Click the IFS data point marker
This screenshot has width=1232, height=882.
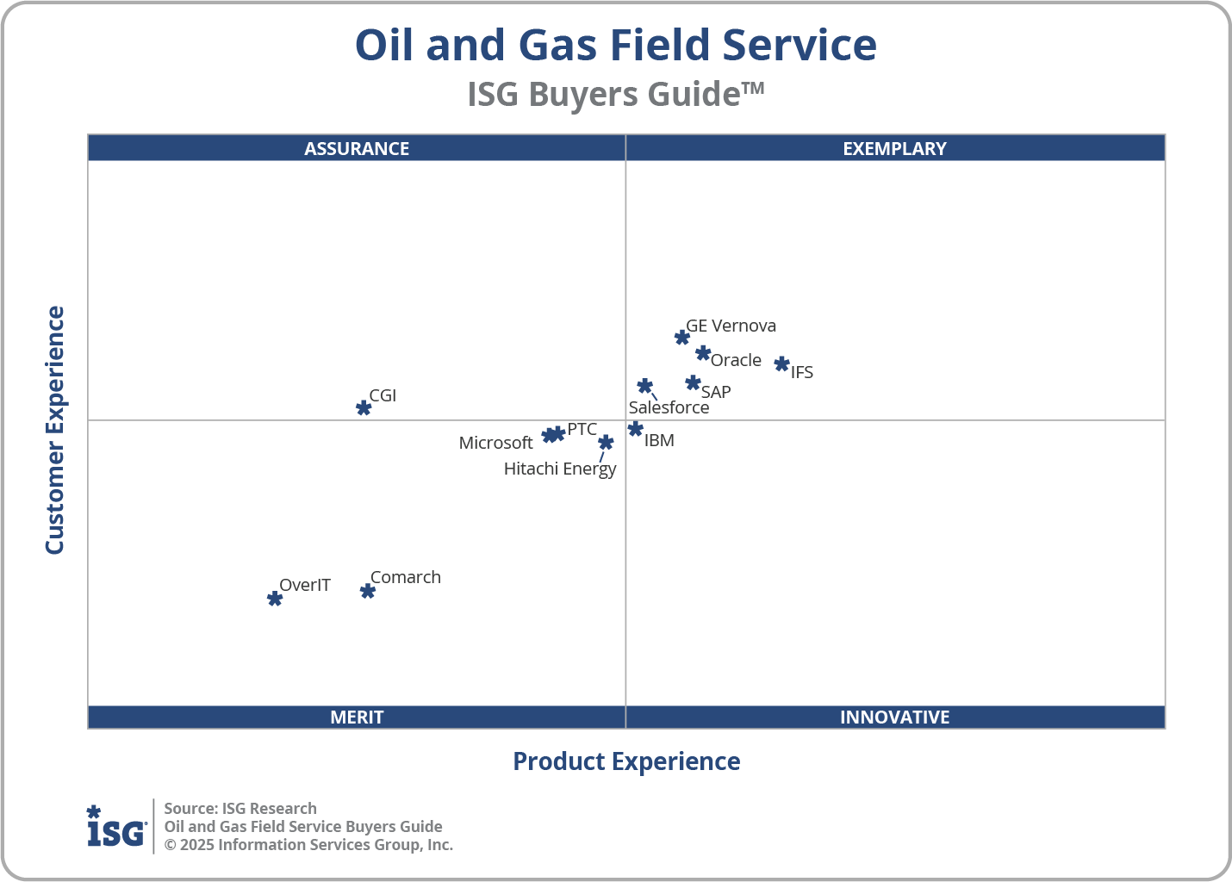(x=781, y=363)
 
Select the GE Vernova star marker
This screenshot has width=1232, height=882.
(x=682, y=337)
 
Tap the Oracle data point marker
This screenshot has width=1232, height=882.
(x=703, y=353)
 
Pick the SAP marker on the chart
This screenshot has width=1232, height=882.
(x=693, y=382)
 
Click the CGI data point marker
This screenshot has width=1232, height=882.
(x=364, y=407)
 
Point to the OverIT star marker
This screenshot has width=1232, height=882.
(x=275, y=598)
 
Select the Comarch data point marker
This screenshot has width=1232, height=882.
(x=368, y=591)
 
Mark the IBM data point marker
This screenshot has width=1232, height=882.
(x=636, y=429)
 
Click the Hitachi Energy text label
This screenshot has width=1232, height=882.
(x=560, y=469)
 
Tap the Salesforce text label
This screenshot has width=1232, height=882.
(x=669, y=407)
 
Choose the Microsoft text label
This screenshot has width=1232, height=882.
(x=495, y=443)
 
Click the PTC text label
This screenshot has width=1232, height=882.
(x=582, y=429)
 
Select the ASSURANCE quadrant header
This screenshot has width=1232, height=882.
(x=357, y=148)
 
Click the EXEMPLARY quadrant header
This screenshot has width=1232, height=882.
(x=894, y=148)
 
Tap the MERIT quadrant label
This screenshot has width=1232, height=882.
(x=357, y=717)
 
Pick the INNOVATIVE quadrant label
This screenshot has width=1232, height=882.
(x=894, y=717)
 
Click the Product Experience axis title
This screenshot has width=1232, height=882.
(x=626, y=761)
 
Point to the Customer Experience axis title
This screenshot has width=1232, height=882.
(x=55, y=431)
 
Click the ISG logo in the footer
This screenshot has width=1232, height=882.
(x=116, y=827)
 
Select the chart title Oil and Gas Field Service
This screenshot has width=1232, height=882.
(x=615, y=45)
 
